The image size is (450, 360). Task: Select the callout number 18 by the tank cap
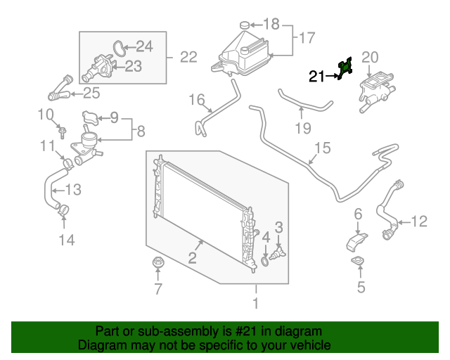click(x=271, y=24)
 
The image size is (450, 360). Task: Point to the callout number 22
click(x=188, y=57)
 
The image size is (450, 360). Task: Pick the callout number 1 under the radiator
click(x=256, y=304)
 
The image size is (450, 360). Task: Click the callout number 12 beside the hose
click(x=418, y=222)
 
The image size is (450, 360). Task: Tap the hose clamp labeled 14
click(x=63, y=209)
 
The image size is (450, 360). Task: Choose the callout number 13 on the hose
click(x=73, y=189)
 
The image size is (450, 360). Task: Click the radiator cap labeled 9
click(x=90, y=117)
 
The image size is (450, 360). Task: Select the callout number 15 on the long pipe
click(x=321, y=148)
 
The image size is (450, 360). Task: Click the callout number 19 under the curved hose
click(x=302, y=128)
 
